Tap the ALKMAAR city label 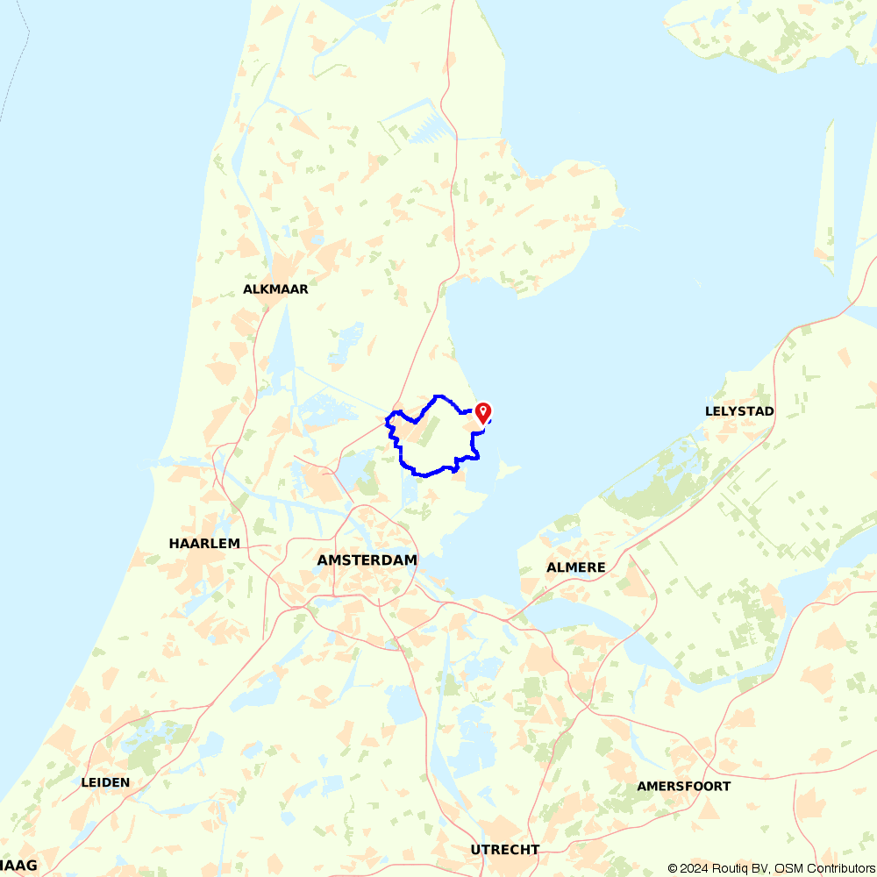[x=275, y=289]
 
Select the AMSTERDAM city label [x=367, y=560]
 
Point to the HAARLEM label [x=204, y=544]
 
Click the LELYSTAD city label [x=739, y=411]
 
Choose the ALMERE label [x=576, y=567]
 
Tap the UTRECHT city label [x=505, y=850]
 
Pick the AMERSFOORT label [x=684, y=787]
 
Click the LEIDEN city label [x=105, y=782]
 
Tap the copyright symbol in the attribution [x=673, y=868]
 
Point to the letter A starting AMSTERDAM [x=323, y=560]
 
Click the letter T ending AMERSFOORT [x=726, y=787]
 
